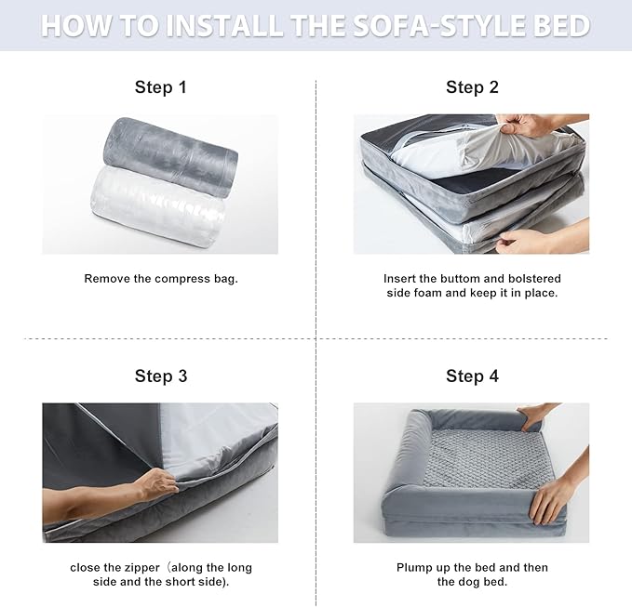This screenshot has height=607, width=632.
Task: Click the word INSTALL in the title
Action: point(222,25)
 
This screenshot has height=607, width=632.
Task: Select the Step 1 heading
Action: point(160,87)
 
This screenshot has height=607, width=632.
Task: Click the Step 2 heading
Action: point(472,87)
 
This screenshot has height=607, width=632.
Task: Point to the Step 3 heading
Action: point(160,376)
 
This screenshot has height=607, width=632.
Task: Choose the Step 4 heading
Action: point(472,376)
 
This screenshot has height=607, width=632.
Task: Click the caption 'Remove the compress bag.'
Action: point(160,279)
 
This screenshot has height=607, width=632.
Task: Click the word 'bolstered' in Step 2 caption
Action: point(533,279)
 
